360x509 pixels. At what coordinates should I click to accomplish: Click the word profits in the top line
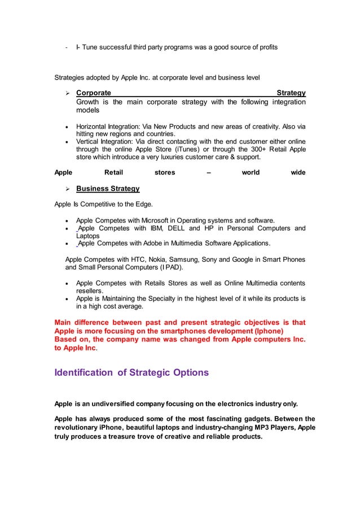[266, 47]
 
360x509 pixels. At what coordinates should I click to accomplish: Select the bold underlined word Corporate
[93, 92]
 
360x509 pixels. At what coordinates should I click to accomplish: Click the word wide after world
[298, 173]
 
